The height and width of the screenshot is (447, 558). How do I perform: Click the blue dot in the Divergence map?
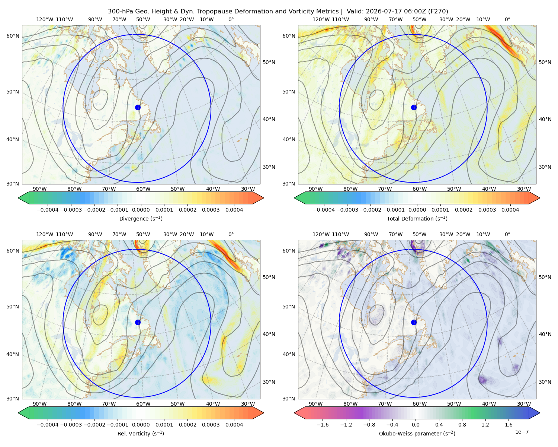pyautogui.click(x=138, y=107)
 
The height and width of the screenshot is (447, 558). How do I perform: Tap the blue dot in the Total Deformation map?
pyautogui.click(x=414, y=107)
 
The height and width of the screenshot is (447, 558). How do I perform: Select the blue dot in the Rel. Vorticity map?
pyautogui.click(x=138, y=322)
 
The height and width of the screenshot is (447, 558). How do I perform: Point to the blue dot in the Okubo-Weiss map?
pyautogui.click(x=414, y=322)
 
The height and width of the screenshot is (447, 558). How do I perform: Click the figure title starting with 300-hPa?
pyautogui.click(x=278, y=11)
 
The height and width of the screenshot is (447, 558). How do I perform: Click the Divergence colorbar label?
pyautogui.click(x=141, y=218)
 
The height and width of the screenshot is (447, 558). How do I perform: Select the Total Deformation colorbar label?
pyautogui.click(x=417, y=218)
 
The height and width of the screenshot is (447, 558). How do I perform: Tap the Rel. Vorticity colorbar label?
pyautogui.click(x=141, y=433)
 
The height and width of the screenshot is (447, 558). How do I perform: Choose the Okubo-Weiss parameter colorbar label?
pyautogui.click(x=417, y=433)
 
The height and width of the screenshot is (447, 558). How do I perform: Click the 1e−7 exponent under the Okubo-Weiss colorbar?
pyautogui.click(x=522, y=432)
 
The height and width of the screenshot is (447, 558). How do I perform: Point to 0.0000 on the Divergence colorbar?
pyautogui.click(x=141, y=210)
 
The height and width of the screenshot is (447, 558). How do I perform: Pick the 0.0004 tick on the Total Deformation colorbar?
pyautogui.click(x=510, y=210)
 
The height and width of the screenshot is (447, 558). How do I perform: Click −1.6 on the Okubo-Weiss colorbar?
pyautogui.click(x=323, y=425)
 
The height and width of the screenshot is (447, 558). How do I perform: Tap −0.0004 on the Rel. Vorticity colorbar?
pyautogui.click(x=48, y=425)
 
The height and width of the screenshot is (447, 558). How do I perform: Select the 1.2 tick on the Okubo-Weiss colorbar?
pyautogui.click(x=485, y=425)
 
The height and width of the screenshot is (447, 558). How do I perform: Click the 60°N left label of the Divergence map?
pyautogui.click(x=13, y=36)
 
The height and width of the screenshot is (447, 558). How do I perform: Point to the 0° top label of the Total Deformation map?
pyautogui.click(x=507, y=19)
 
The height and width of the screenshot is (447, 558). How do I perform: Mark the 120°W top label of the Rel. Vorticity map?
pyautogui.click(x=45, y=234)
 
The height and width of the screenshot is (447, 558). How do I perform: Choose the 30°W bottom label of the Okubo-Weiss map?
pyautogui.click(x=524, y=404)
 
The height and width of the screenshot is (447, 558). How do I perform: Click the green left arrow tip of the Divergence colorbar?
pyautogui.click(x=18, y=198)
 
